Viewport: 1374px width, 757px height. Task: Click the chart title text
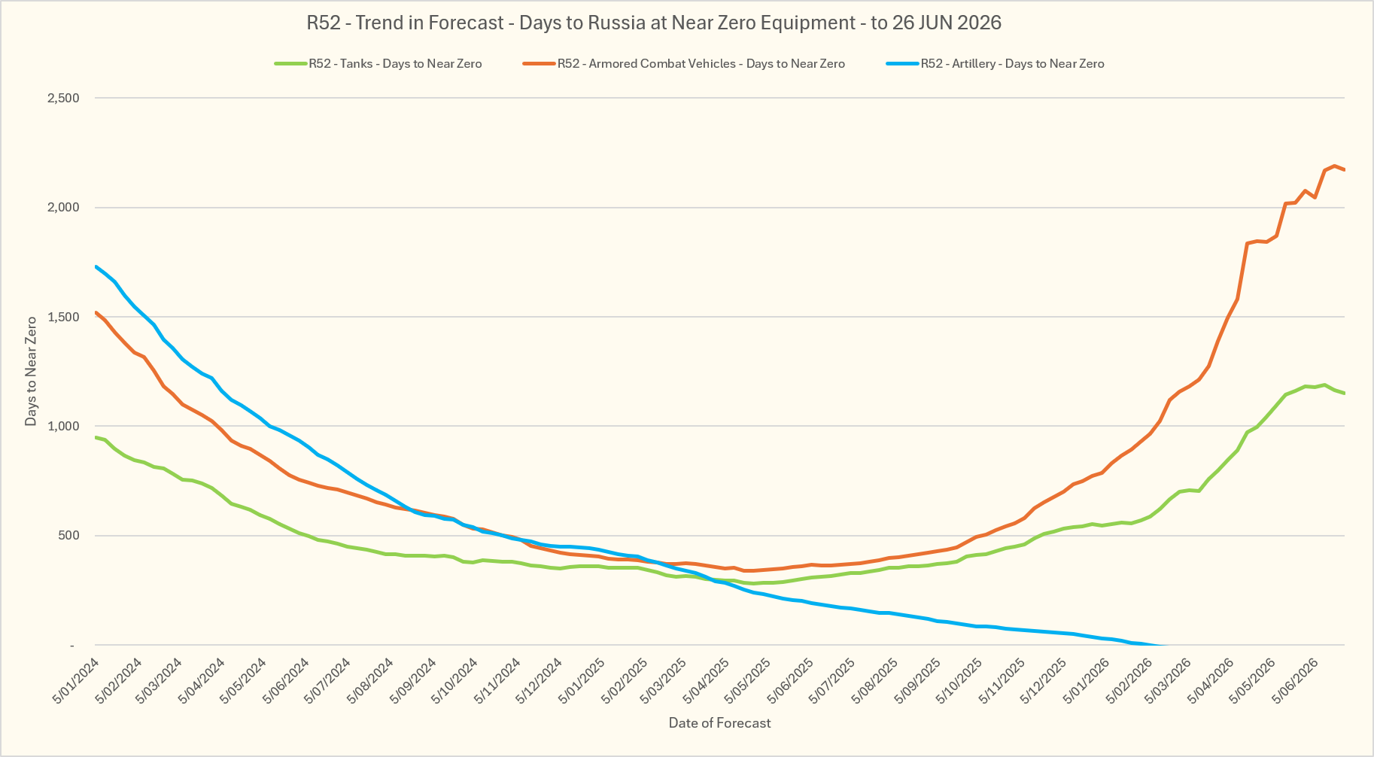654,23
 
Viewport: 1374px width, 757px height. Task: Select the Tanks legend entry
378,63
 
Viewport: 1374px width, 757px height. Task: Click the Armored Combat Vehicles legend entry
684,63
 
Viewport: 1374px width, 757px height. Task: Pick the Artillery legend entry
995,63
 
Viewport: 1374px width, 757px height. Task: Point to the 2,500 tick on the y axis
64,99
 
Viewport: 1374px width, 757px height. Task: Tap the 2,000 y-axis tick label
64,208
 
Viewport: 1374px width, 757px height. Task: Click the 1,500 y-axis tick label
64,317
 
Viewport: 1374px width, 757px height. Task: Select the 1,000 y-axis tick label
64,427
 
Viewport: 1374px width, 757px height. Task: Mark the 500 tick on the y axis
69,536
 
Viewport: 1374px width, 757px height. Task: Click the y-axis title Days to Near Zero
31,371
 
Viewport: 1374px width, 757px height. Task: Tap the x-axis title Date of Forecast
720,723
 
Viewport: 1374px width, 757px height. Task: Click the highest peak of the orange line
1334,166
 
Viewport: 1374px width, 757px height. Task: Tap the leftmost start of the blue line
96,266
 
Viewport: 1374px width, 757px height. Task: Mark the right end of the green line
1344,394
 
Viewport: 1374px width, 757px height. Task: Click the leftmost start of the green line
96,437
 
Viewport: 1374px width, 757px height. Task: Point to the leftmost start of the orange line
96,312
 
